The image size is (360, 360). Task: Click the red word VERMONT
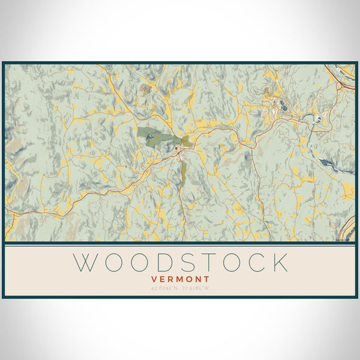pyautogui.click(x=180, y=279)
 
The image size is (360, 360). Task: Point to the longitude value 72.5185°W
pyautogui.click(x=196, y=289)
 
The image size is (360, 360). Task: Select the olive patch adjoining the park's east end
pyautogui.click(x=188, y=142)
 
